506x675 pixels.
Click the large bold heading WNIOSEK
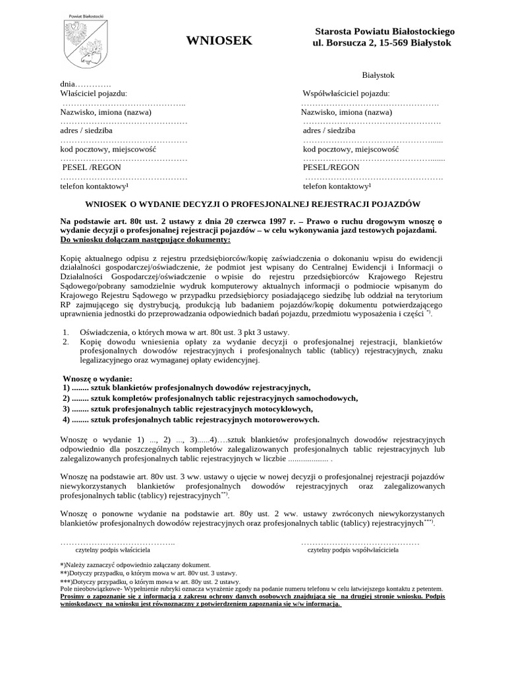pos(219,41)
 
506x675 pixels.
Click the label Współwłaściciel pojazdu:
pos(346,94)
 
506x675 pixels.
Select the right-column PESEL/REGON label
pos(331,167)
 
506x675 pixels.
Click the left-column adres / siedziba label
pos(86,131)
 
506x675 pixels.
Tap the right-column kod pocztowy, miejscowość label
pos(351,149)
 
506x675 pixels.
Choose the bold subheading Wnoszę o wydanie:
pos(98,379)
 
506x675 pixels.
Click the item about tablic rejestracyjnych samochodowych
pos(211,398)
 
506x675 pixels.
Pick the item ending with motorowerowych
pos(191,419)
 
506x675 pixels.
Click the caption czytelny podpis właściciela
pos(113,548)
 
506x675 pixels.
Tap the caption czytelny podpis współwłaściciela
pos(352,548)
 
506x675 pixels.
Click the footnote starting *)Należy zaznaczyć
pos(135,565)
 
